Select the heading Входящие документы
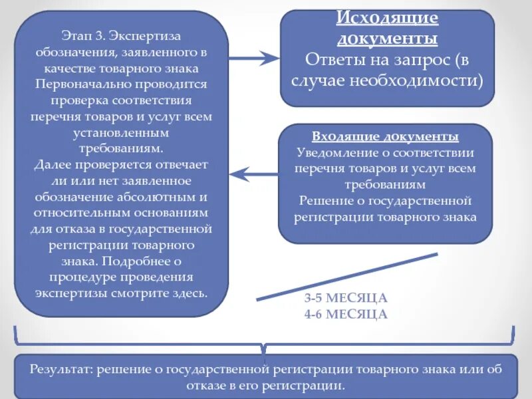pyautogui.click(x=386, y=137)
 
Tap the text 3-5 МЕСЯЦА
pyautogui.click(x=346, y=298)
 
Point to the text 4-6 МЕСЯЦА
pyautogui.click(x=346, y=314)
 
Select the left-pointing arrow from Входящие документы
pyautogui.click(x=253, y=174)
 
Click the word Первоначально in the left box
pyautogui.click(x=78, y=84)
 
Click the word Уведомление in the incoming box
pyautogui.click(x=331, y=152)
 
